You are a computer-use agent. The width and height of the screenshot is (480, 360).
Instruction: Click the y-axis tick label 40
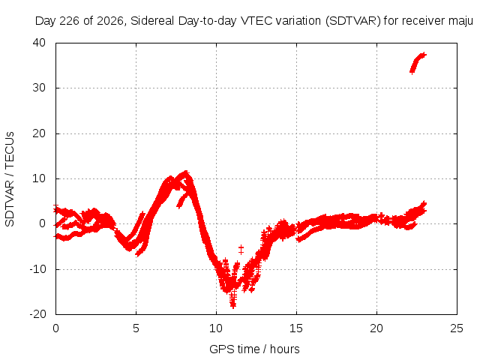click(39, 43)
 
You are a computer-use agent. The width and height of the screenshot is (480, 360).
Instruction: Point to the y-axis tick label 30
click(39, 88)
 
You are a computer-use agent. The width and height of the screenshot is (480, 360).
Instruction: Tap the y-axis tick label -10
click(37, 269)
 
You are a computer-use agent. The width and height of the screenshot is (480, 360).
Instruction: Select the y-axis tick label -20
click(37, 314)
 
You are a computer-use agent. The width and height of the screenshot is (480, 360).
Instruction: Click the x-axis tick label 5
click(136, 328)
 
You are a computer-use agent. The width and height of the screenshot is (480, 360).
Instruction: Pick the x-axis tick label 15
click(296, 328)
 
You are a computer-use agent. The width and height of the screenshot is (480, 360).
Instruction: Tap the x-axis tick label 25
click(457, 328)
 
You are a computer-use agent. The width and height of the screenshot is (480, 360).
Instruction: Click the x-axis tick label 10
click(216, 328)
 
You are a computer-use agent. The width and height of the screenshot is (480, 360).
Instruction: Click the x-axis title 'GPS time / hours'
click(254, 349)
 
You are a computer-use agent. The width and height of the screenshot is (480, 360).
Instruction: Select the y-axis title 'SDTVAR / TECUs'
click(10, 179)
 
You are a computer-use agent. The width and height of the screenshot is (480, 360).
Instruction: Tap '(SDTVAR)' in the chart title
click(353, 21)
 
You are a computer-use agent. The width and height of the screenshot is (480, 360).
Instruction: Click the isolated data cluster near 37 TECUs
click(418, 63)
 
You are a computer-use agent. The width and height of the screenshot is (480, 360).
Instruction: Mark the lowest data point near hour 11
click(233, 305)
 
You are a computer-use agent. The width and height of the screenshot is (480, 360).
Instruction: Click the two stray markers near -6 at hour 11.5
click(241, 250)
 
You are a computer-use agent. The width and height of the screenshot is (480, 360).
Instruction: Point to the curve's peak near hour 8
click(185, 173)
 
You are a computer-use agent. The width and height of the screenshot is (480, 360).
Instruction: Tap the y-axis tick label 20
click(39, 133)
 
